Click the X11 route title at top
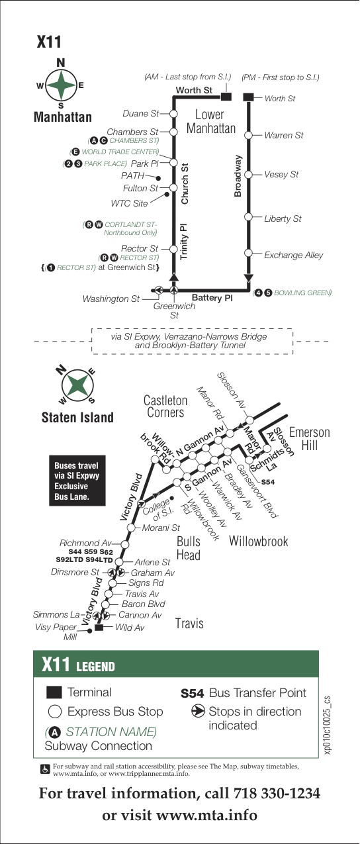point(48,42)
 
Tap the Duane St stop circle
point(173,113)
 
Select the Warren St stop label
point(283,135)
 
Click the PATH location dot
point(159,178)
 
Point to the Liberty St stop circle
point(248,216)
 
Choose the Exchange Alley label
point(293,255)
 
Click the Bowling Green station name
point(302,293)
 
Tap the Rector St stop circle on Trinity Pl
point(173,249)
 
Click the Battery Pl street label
point(212,298)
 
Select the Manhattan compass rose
point(61,85)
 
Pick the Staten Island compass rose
point(77,385)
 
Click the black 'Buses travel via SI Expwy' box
point(77,481)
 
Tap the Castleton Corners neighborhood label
point(165,406)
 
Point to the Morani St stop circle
point(130,528)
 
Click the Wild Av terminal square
point(99,628)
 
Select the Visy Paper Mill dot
point(89,631)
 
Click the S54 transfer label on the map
point(268,482)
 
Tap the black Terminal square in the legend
point(54,692)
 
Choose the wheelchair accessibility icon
point(45,769)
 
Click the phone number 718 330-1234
point(277,793)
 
